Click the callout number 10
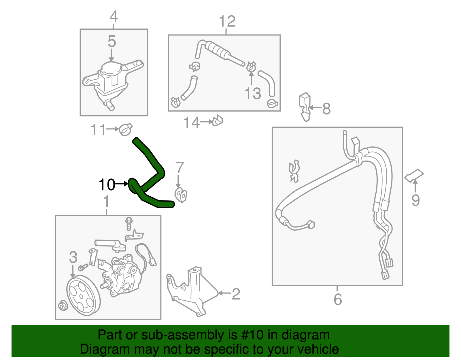coord(107,185)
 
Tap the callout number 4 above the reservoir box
coord(114,17)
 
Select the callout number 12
coord(227,21)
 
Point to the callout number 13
coord(253,93)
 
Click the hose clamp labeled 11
coord(125,129)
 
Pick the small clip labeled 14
coord(218,121)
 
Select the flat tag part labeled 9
coord(414,176)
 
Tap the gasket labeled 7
coord(181,195)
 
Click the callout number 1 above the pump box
coord(106,201)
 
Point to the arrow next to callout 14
coord(206,122)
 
